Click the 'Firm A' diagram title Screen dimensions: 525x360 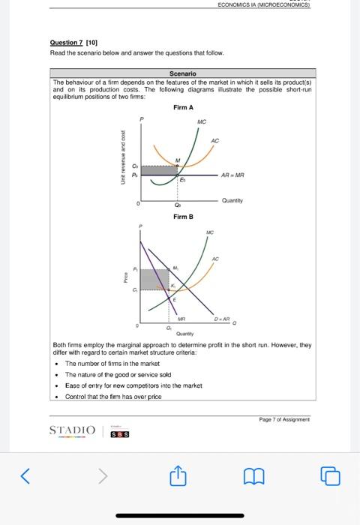183,108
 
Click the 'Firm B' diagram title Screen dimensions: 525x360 183,217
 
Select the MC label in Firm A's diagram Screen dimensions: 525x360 202,121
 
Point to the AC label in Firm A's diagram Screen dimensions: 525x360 215,140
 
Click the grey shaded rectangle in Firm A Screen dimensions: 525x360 158,170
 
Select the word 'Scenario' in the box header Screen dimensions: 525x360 182,73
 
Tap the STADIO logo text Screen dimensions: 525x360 73,430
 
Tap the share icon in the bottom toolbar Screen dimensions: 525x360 180,475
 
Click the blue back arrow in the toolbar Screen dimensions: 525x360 27,475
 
